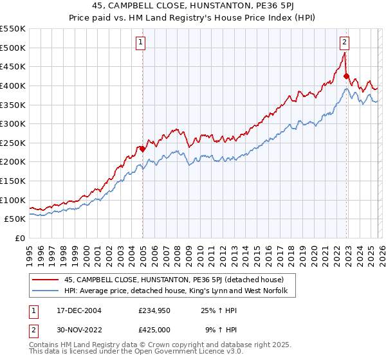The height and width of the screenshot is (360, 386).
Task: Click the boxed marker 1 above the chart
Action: (x=141, y=43)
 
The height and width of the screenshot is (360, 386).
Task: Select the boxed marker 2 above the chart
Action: (x=345, y=43)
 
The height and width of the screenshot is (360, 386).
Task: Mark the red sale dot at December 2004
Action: (x=142, y=148)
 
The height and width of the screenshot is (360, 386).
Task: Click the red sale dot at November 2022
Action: (x=346, y=76)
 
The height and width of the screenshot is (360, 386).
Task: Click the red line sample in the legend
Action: (x=46, y=280)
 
